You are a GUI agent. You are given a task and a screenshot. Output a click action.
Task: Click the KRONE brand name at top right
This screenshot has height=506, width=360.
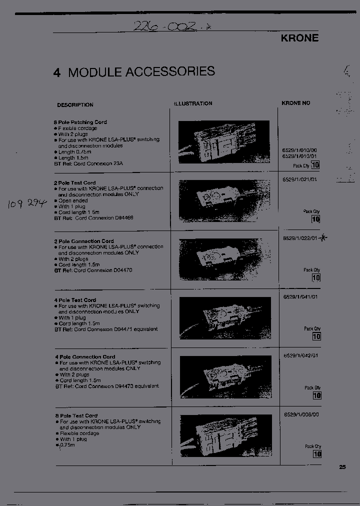pos(299,38)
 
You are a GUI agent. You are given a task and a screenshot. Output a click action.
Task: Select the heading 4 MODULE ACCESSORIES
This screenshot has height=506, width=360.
pos(134,71)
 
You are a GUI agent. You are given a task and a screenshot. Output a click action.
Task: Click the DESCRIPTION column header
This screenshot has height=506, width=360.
pos(75,105)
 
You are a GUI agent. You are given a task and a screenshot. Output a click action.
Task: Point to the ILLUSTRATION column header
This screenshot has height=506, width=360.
pos(193,103)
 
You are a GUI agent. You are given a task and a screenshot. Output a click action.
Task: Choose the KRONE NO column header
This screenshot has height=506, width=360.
pos(295,103)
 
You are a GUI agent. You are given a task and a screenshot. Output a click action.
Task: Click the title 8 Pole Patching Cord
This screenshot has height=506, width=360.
pos(80,122)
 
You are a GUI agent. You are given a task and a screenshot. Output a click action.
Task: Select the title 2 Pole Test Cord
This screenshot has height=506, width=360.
pos(74,182)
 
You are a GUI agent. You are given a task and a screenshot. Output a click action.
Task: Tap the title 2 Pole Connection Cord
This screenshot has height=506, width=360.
pos(83,241)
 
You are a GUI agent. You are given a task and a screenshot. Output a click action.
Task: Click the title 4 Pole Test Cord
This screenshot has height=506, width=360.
pos(75,300)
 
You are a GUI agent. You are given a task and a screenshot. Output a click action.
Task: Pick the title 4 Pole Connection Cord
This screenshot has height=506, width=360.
pos(85,357)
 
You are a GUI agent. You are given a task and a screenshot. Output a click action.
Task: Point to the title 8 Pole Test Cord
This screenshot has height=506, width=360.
pos(76,415)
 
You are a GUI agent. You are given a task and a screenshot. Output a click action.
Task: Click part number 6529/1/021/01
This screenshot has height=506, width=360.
pos(300,179)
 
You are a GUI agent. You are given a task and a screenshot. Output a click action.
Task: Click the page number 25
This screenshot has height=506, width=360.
pos(342,467)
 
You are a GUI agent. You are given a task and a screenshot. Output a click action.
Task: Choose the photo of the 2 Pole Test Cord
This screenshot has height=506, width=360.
pos(224,201)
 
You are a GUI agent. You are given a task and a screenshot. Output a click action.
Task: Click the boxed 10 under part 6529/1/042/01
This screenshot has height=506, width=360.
pos(316,395)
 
